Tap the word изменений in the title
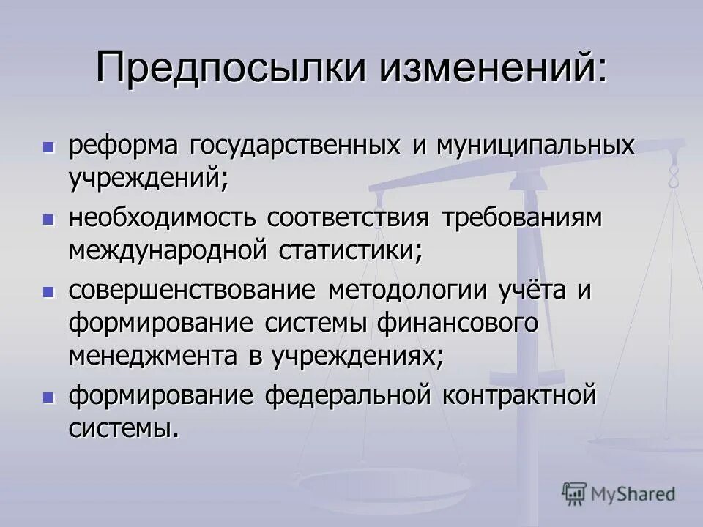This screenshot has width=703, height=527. click(491, 67)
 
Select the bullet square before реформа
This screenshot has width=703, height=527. click(49, 146)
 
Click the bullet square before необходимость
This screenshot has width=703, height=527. click(49, 219)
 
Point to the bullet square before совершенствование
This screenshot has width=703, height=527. click(49, 291)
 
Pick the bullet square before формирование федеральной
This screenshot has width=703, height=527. click(49, 397)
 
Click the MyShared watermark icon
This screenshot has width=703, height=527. click(574, 493)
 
